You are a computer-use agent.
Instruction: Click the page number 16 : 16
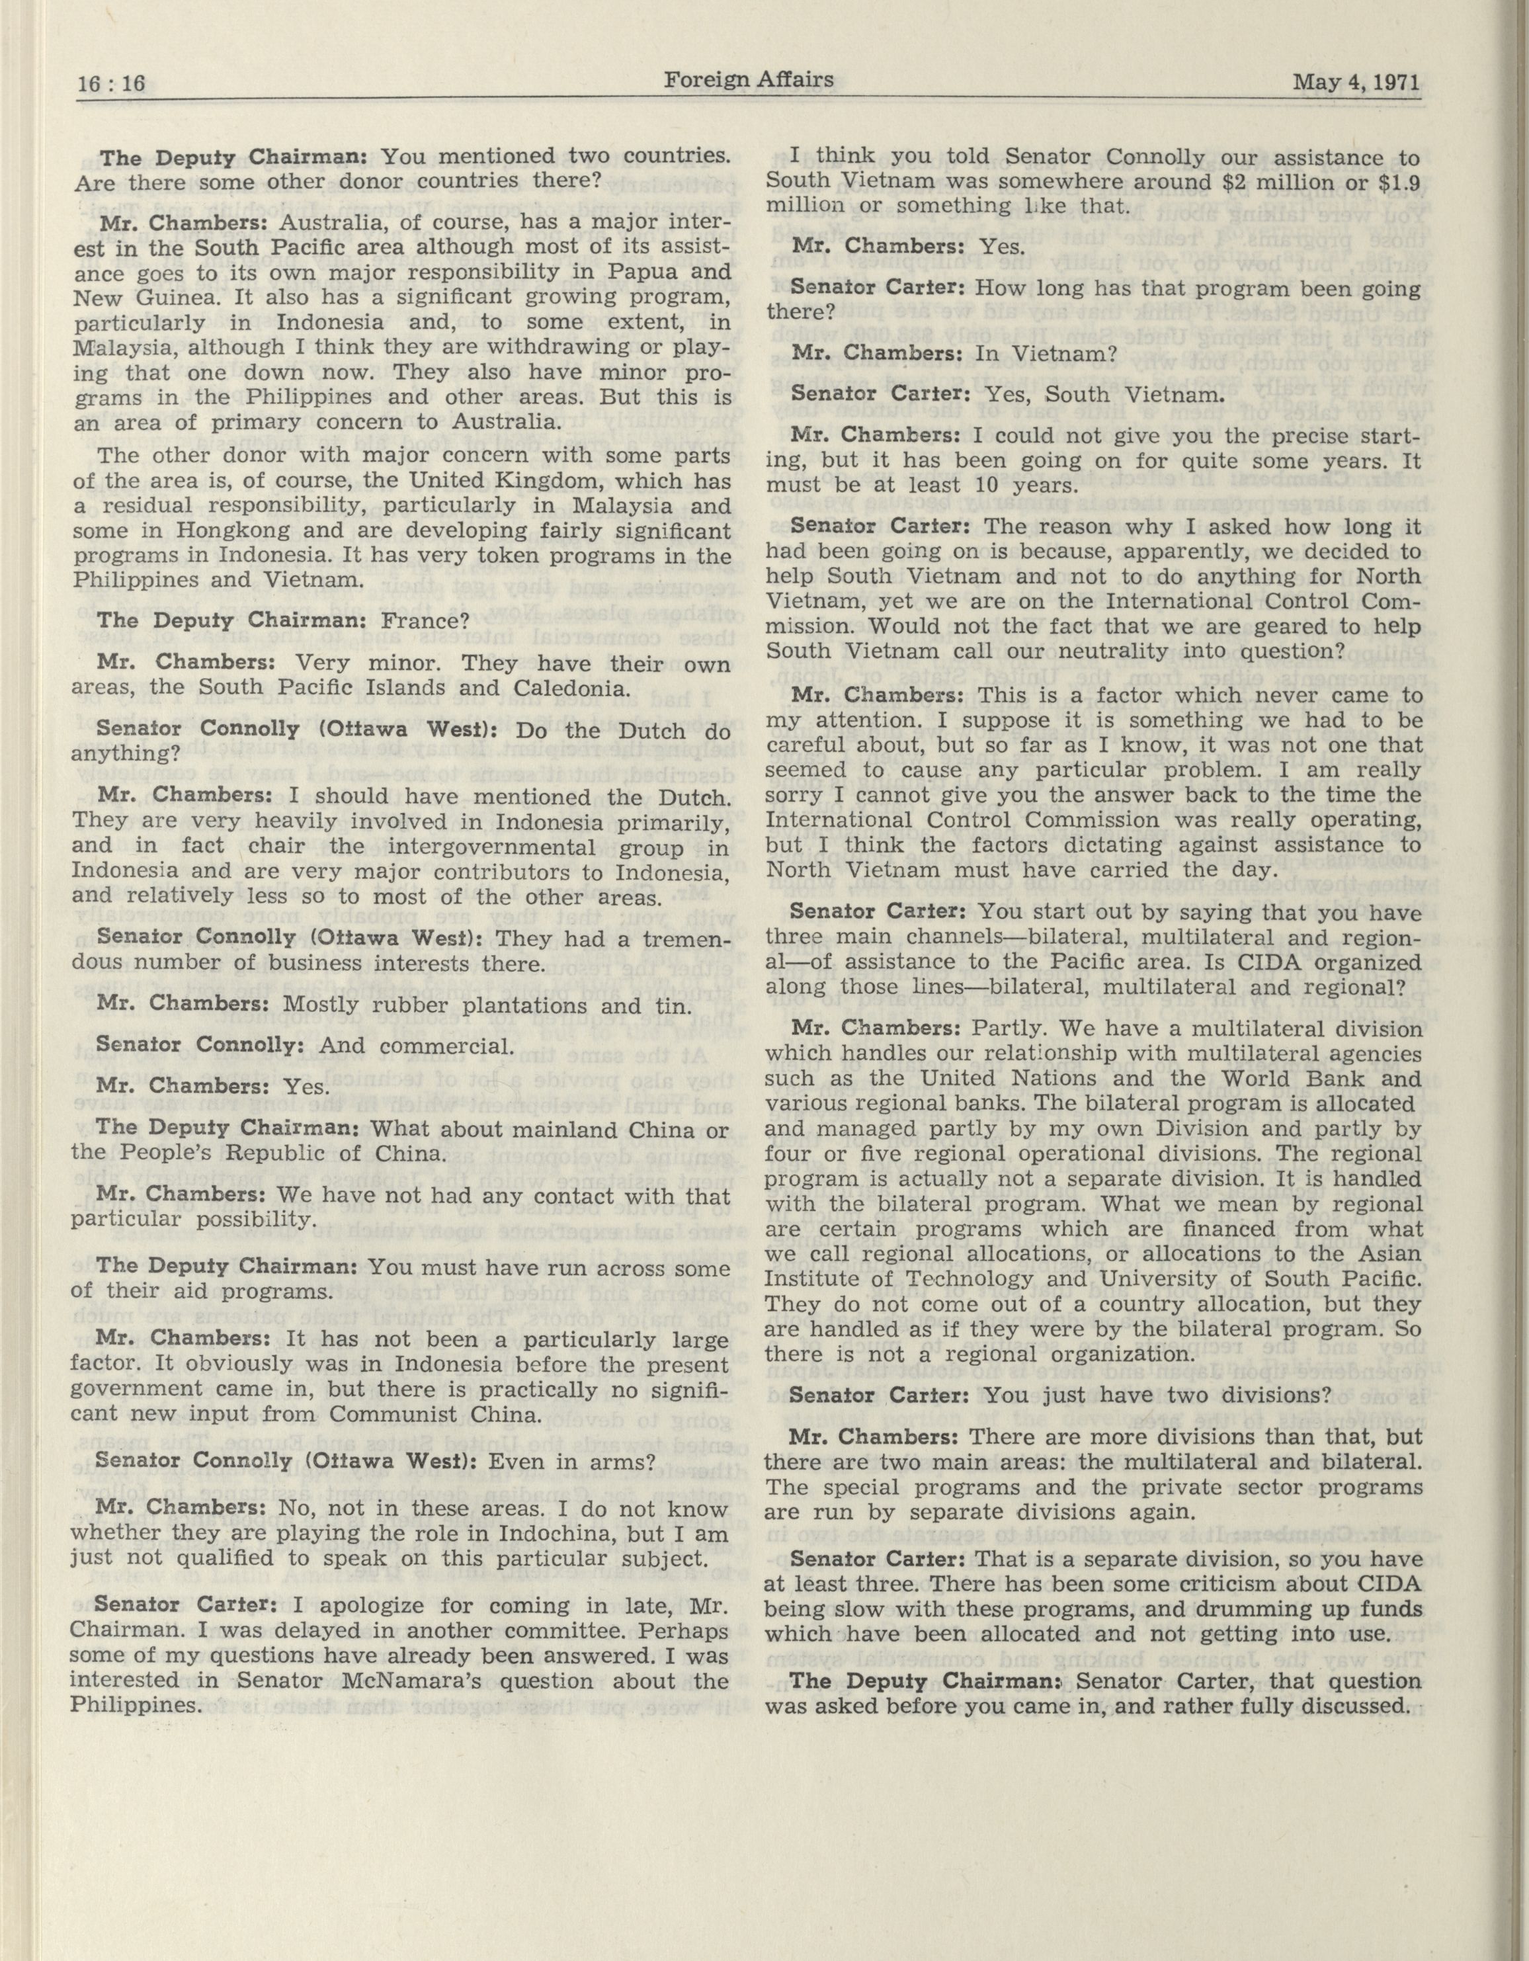coord(111,85)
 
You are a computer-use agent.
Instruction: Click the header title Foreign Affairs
coord(749,80)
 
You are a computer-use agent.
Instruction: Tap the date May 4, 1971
coord(1356,83)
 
